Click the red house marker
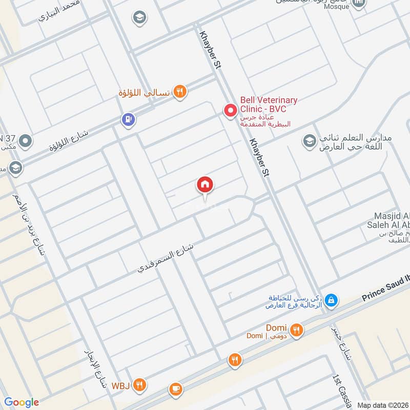point(205,185)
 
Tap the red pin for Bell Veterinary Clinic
point(230,110)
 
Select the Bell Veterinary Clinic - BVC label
point(269,104)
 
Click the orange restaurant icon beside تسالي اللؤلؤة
point(179,92)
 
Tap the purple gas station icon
point(127,119)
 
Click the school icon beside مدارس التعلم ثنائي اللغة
point(309,141)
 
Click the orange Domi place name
point(276,328)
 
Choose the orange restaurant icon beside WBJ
point(139,384)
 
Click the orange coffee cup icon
point(175,389)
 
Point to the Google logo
point(22,402)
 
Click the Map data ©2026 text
point(382,405)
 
